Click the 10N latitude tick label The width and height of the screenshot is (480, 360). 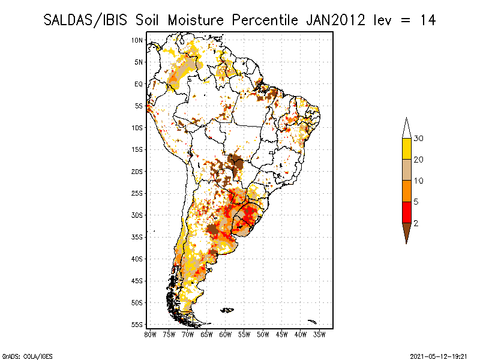(137, 40)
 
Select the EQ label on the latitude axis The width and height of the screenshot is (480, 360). (139, 84)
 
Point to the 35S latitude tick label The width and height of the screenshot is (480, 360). (137, 237)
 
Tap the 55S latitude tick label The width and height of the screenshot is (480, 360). (137, 325)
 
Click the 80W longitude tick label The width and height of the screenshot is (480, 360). (150, 335)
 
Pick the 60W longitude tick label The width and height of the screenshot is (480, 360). (226, 335)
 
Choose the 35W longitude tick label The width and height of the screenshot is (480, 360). (319, 335)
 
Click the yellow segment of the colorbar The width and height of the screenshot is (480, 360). (407, 149)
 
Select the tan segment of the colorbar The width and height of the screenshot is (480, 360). (407, 170)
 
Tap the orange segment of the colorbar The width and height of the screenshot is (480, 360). (407, 191)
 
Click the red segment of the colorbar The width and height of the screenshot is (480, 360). (407, 212)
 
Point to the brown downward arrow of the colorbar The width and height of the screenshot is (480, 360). (407, 232)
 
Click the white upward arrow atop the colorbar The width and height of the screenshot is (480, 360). (407, 128)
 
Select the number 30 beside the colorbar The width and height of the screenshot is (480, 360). (418, 139)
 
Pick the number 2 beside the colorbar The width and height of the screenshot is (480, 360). (416, 223)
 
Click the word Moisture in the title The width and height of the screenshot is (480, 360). (196, 20)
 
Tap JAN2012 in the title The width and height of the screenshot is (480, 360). (336, 20)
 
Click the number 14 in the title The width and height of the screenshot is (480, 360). (428, 20)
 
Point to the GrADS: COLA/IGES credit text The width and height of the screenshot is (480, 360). (28, 356)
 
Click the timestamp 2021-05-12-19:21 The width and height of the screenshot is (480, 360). (439, 356)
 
